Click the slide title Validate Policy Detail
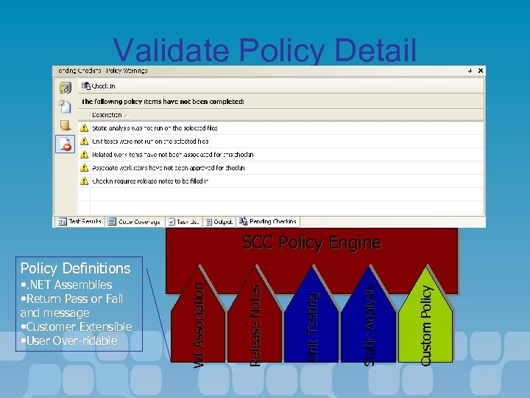[265, 51]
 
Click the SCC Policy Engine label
[311, 242]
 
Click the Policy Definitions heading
[75, 268]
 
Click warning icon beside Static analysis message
[84, 128]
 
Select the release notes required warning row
[150, 181]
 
